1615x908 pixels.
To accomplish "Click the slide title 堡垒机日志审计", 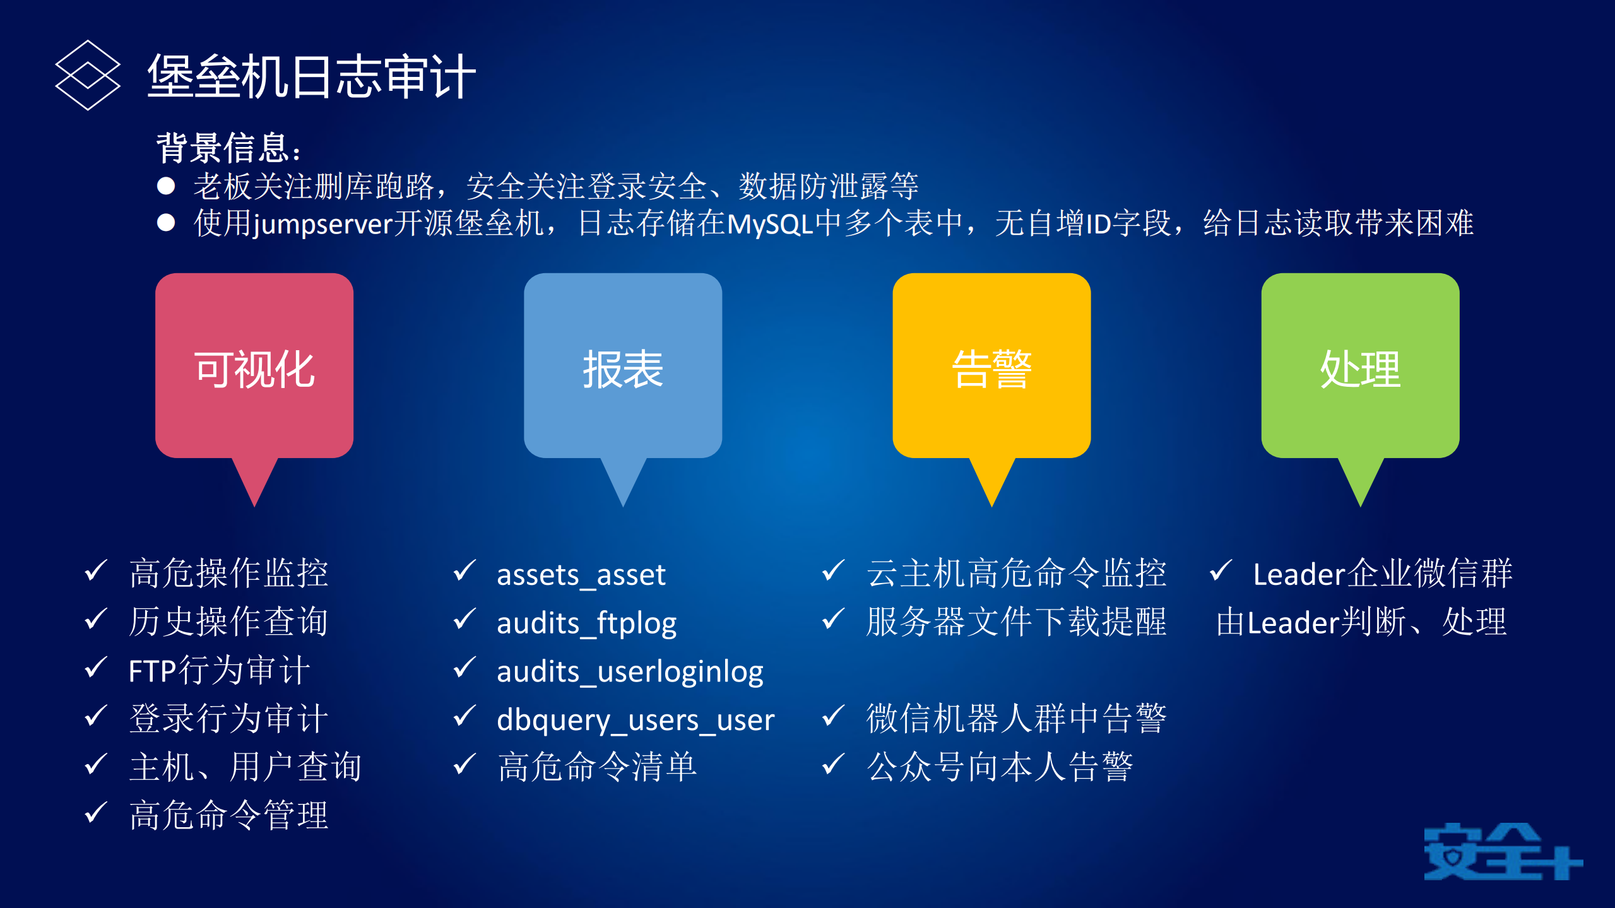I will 311,76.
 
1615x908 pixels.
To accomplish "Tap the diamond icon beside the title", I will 88,76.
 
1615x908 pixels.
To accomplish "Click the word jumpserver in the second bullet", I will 323,224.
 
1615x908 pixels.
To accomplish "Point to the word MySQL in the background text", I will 770,224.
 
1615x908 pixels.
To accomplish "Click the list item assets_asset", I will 581,575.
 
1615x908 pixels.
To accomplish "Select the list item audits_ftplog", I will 586,623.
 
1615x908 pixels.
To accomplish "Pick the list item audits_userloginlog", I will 630,672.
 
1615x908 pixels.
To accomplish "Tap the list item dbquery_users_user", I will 635,720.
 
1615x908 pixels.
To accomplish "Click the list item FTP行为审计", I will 219,671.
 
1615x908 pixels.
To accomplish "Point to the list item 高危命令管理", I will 228,816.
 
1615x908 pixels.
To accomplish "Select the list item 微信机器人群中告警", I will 1016,719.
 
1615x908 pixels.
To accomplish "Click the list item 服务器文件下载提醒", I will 1016,622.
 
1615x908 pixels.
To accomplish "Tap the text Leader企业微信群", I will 1382,574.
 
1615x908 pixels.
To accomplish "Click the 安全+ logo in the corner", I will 1502,852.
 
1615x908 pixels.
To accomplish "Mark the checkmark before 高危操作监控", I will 96,571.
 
